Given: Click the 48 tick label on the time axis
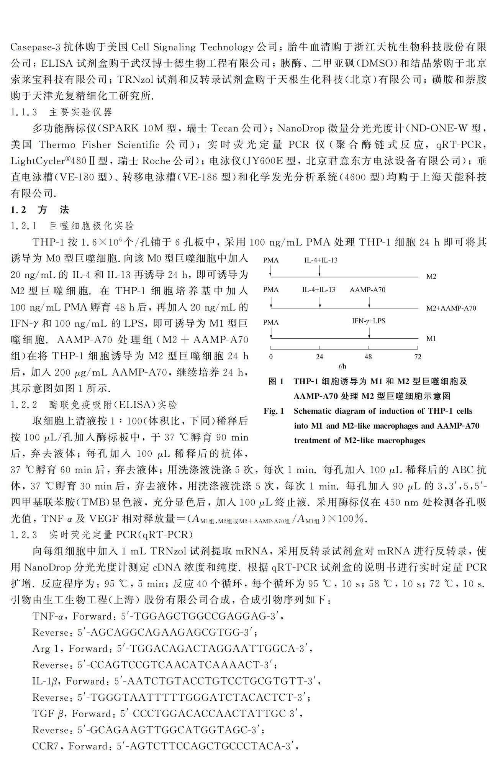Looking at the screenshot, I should click(368, 357).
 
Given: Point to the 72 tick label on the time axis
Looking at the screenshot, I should click(418, 357).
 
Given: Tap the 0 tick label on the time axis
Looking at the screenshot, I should click(271, 357).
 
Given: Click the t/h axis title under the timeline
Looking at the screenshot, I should click(342, 367).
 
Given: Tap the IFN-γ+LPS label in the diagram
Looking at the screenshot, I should click(369, 321).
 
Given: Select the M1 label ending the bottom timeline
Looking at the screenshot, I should click(431, 339).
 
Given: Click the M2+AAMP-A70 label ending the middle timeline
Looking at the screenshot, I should click(451, 308).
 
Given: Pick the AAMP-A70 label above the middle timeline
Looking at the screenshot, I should click(367, 290).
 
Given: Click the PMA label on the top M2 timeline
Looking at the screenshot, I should click(271, 261).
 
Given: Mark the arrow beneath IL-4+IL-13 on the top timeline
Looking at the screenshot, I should click(320, 271).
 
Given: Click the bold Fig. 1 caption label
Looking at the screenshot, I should click(274, 411).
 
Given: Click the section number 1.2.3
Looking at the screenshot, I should click(24, 534).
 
